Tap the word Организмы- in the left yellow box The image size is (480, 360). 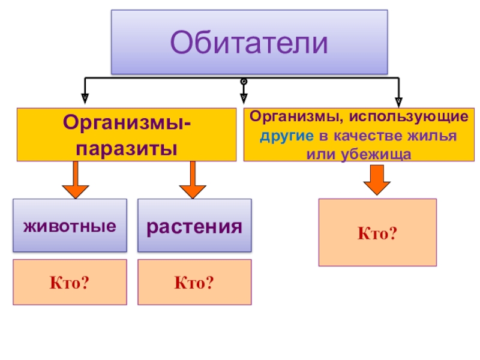pyautogui.click(x=126, y=124)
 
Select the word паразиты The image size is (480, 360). pyautogui.click(x=126, y=146)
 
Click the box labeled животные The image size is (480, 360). pyautogui.click(x=70, y=226)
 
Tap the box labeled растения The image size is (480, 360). pyautogui.click(x=194, y=226)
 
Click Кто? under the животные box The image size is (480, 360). pyautogui.click(x=69, y=281)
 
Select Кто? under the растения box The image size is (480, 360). pyautogui.click(x=194, y=281)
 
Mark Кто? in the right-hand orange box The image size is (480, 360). pyautogui.click(x=377, y=232)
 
